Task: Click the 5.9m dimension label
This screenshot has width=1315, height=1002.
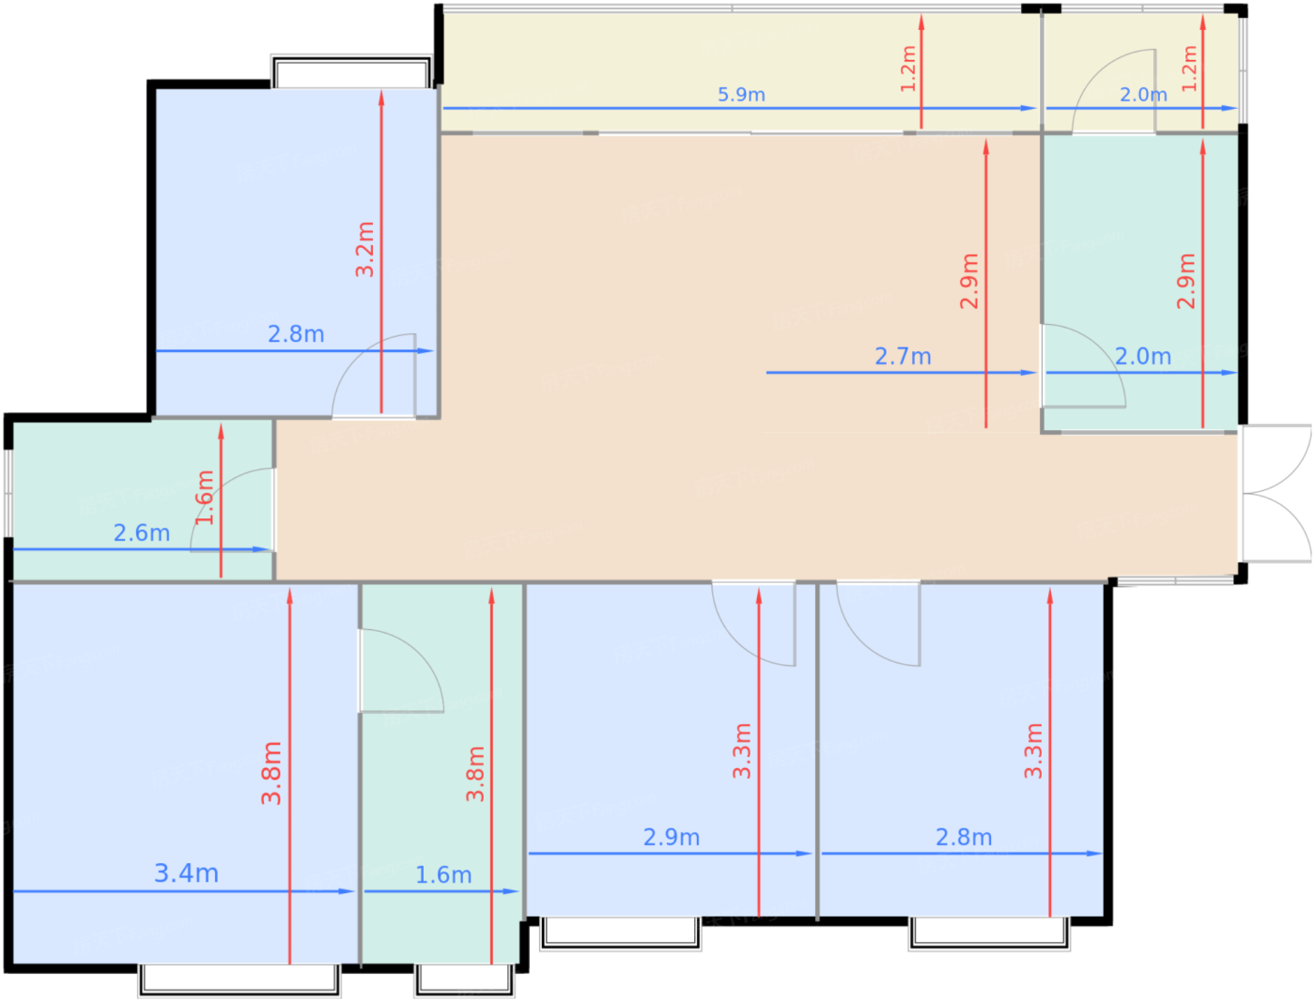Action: [x=741, y=95]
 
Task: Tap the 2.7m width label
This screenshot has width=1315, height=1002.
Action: [x=903, y=356]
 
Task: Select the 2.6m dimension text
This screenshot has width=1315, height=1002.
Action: [x=142, y=533]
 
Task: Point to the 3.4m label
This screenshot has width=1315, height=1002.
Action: [x=186, y=873]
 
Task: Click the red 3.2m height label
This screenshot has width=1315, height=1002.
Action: [x=364, y=249]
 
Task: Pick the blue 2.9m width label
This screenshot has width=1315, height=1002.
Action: [x=671, y=838]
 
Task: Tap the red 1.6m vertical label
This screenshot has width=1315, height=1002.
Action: [x=205, y=498]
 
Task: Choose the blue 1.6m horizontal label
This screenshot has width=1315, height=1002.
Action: [x=443, y=875]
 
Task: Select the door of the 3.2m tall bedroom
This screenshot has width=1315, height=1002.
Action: [x=374, y=376]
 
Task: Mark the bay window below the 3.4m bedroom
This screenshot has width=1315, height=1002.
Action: [x=239, y=979]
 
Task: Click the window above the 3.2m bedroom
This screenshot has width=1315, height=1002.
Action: [x=351, y=71]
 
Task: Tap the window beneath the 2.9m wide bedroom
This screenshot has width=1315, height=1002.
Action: [x=620, y=933]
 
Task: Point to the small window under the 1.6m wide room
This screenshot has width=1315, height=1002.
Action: [x=464, y=979]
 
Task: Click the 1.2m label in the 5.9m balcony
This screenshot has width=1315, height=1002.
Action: [x=908, y=69]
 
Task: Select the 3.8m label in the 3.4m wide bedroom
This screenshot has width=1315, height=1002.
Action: [x=271, y=773]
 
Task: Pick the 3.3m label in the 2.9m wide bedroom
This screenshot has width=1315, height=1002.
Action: [x=742, y=751]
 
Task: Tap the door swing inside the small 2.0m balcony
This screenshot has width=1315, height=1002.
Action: [x=1114, y=91]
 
